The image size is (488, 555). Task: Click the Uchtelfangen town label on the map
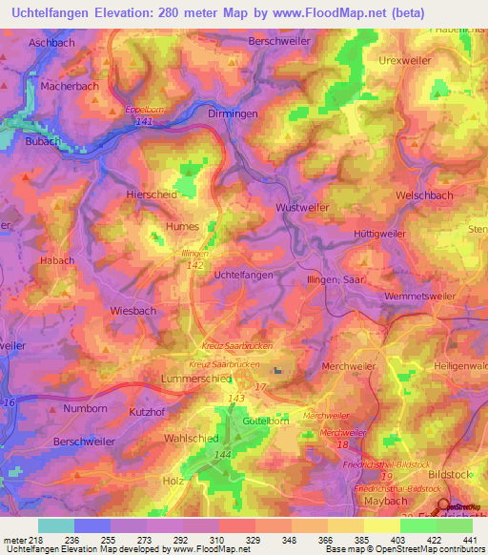click(x=243, y=275)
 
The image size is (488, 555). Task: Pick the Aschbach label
click(x=51, y=44)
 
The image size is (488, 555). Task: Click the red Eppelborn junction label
click(x=145, y=110)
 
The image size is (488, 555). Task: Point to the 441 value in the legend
click(x=469, y=540)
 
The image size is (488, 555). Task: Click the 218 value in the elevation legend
click(x=35, y=540)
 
